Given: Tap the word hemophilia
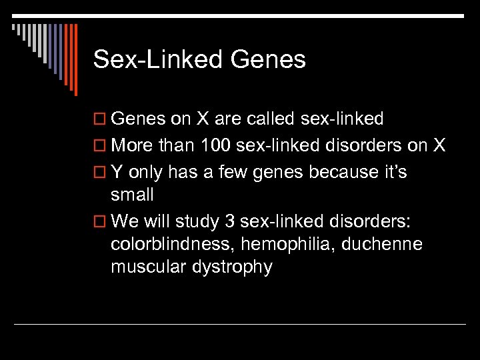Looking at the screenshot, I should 288,244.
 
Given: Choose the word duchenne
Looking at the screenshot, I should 382,244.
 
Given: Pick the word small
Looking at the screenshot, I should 132,195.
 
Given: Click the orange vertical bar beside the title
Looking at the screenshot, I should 75,60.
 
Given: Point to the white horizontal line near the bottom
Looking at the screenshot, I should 240,324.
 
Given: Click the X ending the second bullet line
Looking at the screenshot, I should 439,145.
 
